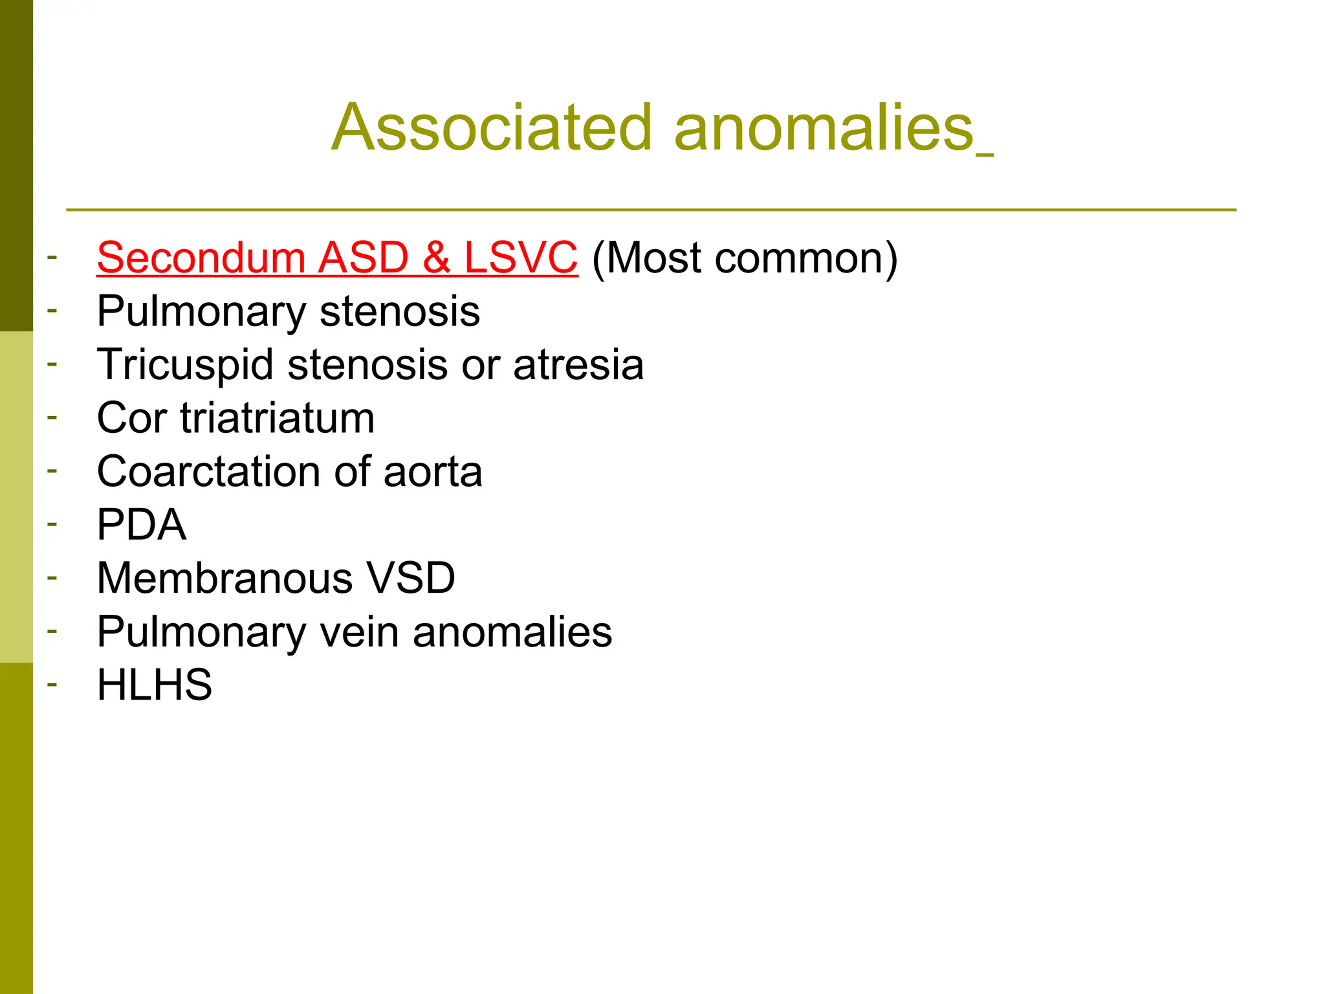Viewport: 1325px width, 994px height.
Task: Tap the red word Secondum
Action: (x=201, y=258)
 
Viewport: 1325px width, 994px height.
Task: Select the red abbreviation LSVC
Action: (x=521, y=258)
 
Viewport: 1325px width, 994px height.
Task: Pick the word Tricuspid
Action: (x=185, y=365)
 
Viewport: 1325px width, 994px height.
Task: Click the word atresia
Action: (x=578, y=365)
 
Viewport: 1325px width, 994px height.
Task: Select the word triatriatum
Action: (x=278, y=418)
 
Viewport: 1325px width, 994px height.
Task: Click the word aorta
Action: (x=433, y=472)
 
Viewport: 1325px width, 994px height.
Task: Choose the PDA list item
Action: (x=142, y=525)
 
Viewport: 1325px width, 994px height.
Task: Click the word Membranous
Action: (x=224, y=578)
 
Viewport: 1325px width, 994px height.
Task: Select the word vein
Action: (x=360, y=632)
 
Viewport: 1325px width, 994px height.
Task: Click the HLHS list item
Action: (x=154, y=685)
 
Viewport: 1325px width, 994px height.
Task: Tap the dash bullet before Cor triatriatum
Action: (x=52, y=416)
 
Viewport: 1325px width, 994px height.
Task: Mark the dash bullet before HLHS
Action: (x=52, y=683)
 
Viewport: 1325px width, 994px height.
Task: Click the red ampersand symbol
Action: (x=437, y=258)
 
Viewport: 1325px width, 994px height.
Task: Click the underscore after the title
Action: (x=985, y=153)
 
